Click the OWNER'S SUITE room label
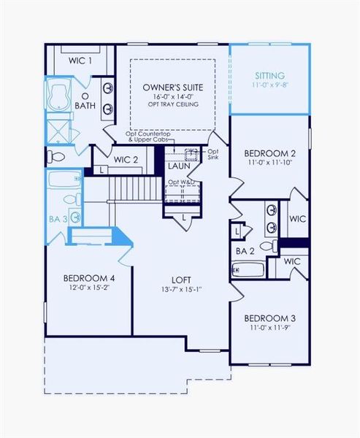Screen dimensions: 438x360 click(172, 88)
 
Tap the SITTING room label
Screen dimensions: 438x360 click(269, 75)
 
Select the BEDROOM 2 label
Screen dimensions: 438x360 click(269, 153)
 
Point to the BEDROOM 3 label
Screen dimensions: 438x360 click(269, 318)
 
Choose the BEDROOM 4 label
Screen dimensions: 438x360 click(88, 277)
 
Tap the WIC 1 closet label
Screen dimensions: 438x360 click(80, 60)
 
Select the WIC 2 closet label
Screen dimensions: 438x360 click(126, 159)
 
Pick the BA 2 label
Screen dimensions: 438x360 click(245, 250)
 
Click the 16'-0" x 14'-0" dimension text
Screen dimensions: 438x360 click(172, 96)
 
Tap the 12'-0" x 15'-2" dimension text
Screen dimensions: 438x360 click(88, 287)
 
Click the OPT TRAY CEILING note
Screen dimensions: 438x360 click(172, 104)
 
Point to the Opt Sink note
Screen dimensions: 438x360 click(213, 154)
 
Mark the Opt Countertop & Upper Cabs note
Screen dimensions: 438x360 click(150, 137)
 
